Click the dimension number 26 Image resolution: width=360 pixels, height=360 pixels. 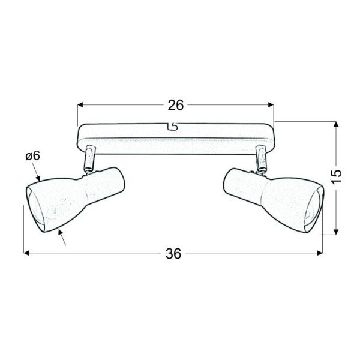(175, 105)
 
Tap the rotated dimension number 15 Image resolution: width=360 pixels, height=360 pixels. (337, 175)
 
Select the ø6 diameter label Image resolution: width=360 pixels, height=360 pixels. (32, 156)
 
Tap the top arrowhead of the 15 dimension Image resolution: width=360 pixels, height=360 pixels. (337, 125)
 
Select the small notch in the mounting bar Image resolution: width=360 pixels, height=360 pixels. (173, 127)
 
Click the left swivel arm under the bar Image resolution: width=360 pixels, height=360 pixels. (89, 158)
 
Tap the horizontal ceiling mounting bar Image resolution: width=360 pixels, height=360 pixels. (175, 137)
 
